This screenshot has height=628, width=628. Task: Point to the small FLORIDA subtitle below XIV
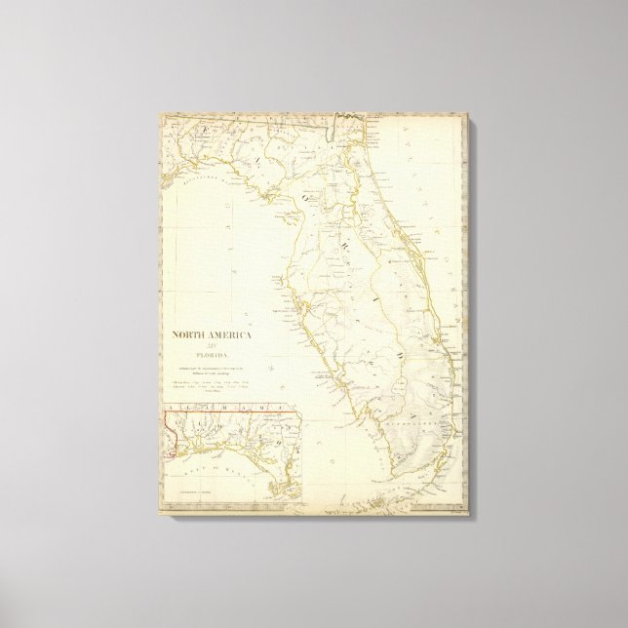point(208,355)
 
